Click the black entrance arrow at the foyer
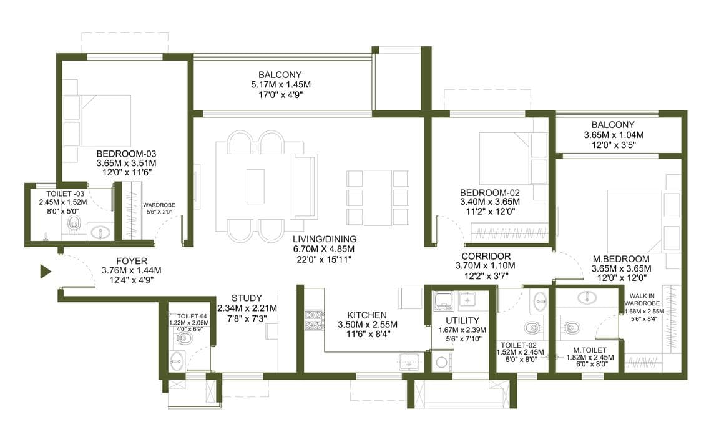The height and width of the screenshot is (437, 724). click(x=45, y=272)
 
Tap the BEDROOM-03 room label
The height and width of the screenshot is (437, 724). click(x=126, y=154)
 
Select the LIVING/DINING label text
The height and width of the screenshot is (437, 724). click(x=324, y=239)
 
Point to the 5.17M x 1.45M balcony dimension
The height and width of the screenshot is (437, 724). click(x=281, y=84)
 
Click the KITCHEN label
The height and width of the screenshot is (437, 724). click(x=367, y=315)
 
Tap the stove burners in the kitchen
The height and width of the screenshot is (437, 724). click(x=313, y=320)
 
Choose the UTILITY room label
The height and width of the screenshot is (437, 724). click(x=462, y=321)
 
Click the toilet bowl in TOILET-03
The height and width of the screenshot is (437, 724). click(x=74, y=225)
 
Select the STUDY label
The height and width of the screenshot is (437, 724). click(x=247, y=298)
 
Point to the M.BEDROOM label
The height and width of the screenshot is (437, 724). click(x=621, y=259)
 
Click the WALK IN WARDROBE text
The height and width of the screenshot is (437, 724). click(x=642, y=299)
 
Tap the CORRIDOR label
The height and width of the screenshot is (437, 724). click(x=486, y=256)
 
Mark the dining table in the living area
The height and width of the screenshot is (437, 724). click(x=378, y=198)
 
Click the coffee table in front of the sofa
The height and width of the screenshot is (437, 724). click(x=255, y=187)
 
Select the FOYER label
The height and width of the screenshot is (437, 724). click(x=132, y=261)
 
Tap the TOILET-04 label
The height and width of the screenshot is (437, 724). click(x=189, y=316)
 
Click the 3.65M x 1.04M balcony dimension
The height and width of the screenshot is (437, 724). click(x=614, y=135)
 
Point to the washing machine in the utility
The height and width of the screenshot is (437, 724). click(x=441, y=361)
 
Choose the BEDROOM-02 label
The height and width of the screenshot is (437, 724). click(x=490, y=193)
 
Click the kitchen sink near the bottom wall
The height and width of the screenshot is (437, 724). click(x=409, y=361)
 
